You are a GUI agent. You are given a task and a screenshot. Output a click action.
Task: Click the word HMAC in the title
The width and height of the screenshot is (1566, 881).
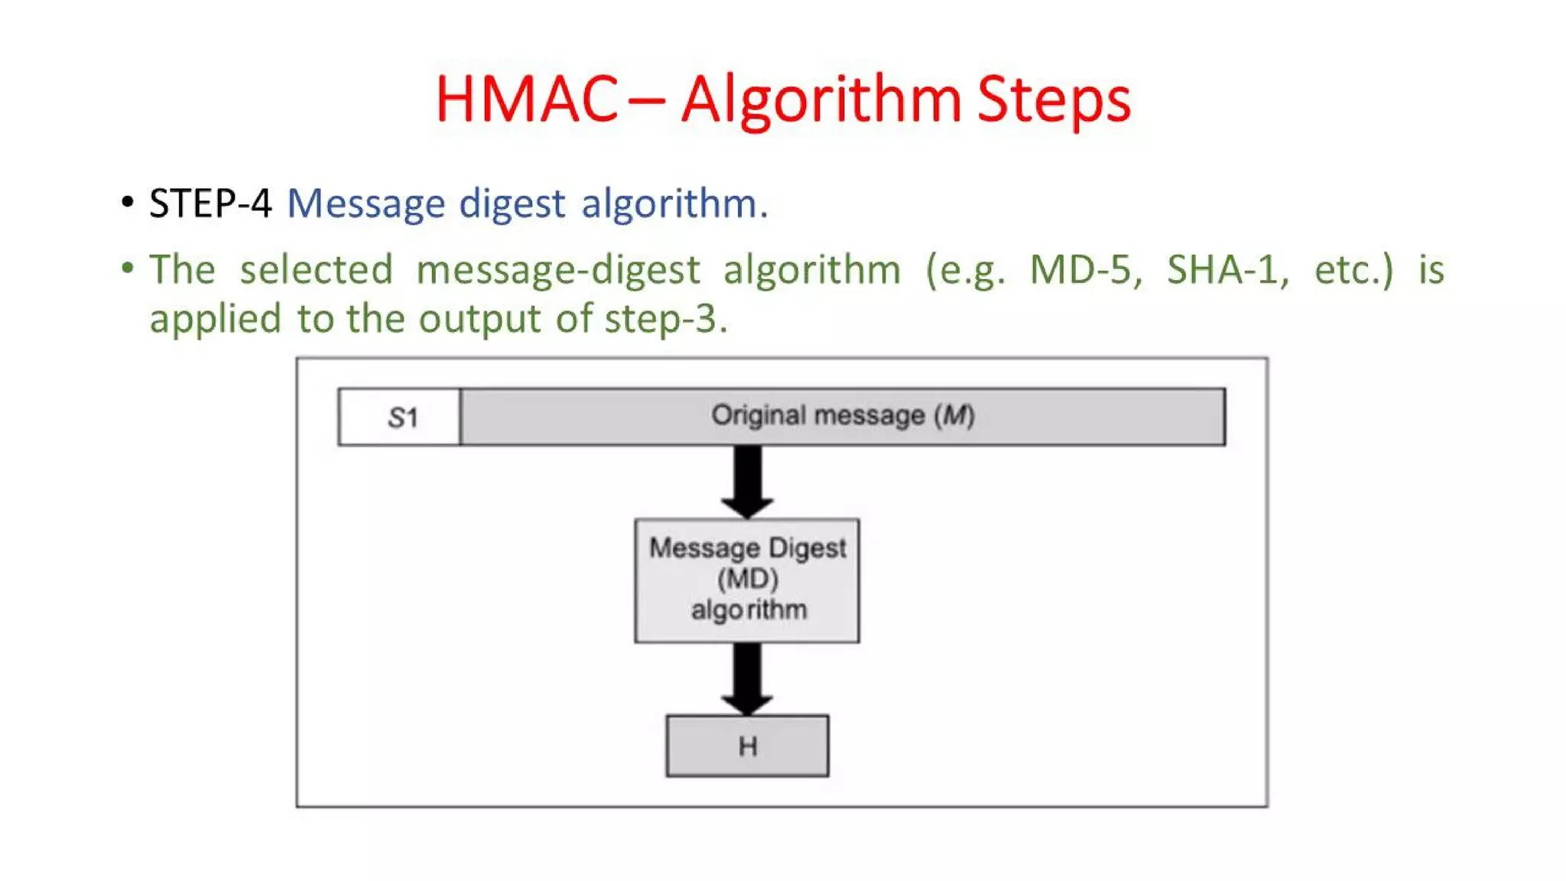[x=526, y=99]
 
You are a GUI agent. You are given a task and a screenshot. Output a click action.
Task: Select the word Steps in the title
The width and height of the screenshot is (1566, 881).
[x=1054, y=99]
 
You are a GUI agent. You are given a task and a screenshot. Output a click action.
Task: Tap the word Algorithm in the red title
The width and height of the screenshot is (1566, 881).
[x=820, y=99]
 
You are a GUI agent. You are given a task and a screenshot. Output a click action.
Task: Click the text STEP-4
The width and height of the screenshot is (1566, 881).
[x=210, y=203]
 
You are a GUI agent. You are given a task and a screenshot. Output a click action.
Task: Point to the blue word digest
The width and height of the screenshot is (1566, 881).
[x=512, y=204]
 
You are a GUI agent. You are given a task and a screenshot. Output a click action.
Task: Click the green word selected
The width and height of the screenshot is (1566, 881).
[x=316, y=270]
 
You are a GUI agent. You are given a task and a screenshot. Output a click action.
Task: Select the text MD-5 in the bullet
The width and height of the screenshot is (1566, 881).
[x=1085, y=270]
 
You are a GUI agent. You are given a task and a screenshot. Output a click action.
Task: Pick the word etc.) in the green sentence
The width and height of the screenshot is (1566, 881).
[x=1353, y=270]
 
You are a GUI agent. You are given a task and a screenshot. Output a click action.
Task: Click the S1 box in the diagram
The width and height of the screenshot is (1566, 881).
[x=400, y=418]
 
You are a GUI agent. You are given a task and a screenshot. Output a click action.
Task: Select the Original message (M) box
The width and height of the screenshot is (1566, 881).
[x=843, y=417]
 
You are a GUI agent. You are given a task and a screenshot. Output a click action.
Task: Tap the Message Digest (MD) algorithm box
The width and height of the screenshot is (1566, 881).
[x=747, y=580]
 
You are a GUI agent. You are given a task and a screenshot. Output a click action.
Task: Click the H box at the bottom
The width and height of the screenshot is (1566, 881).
[x=747, y=746]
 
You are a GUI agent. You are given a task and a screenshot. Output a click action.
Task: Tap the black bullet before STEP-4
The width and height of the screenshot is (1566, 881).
[x=128, y=203]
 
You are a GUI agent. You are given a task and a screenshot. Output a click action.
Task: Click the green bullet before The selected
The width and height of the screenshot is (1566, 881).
[x=128, y=268]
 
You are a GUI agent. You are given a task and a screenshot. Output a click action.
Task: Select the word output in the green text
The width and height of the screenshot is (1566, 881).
[x=479, y=319]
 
